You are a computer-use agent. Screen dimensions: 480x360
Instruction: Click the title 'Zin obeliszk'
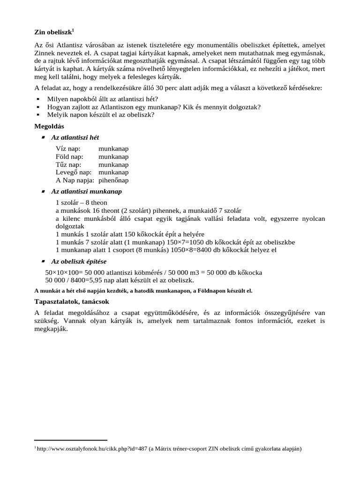53,32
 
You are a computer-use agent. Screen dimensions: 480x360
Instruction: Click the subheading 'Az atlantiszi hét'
75,137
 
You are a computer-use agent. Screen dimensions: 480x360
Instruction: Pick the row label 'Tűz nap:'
68,165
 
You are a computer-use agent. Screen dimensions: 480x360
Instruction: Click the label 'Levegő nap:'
74,172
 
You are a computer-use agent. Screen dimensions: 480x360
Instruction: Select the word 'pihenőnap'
113,180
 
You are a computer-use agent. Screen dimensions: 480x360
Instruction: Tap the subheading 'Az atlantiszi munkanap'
86,192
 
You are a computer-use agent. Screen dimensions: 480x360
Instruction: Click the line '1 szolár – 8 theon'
81,203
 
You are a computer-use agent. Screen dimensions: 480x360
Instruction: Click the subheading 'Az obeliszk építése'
81,261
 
